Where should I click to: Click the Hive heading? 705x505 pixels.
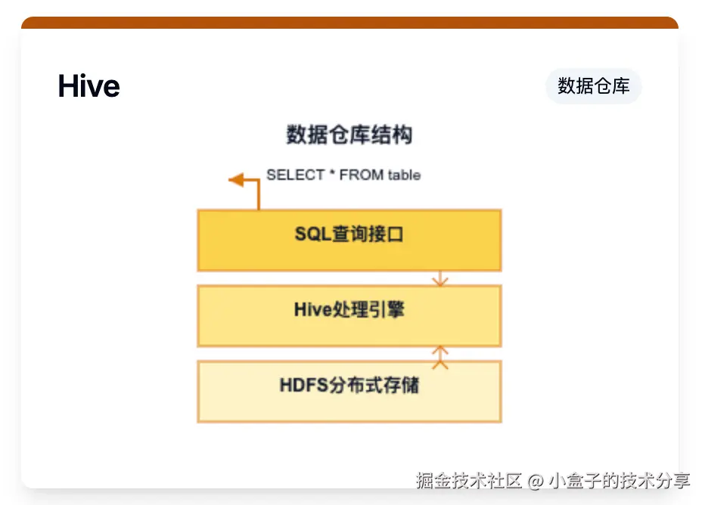click(x=89, y=86)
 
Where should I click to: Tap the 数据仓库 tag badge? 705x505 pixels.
click(x=594, y=86)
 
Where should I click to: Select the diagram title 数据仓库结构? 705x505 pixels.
click(x=349, y=135)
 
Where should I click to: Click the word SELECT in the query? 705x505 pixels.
click(x=296, y=175)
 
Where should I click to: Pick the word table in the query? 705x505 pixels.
click(x=404, y=175)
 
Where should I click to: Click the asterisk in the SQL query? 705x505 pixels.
click(x=332, y=172)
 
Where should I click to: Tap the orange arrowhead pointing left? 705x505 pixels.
click(x=236, y=180)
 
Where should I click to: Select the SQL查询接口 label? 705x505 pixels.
click(x=349, y=234)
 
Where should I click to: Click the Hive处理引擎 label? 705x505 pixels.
click(x=349, y=309)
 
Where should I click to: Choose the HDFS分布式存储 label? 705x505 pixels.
click(x=349, y=385)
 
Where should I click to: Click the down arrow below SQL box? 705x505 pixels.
click(x=440, y=278)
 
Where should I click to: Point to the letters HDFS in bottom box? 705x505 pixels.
click(x=304, y=385)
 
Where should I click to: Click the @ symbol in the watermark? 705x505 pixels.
click(x=536, y=482)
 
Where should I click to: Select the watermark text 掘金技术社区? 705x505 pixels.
click(x=469, y=481)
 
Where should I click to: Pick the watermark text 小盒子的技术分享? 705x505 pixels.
click(x=619, y=481)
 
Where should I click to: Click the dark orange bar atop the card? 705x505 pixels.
click(x=349, y=23)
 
